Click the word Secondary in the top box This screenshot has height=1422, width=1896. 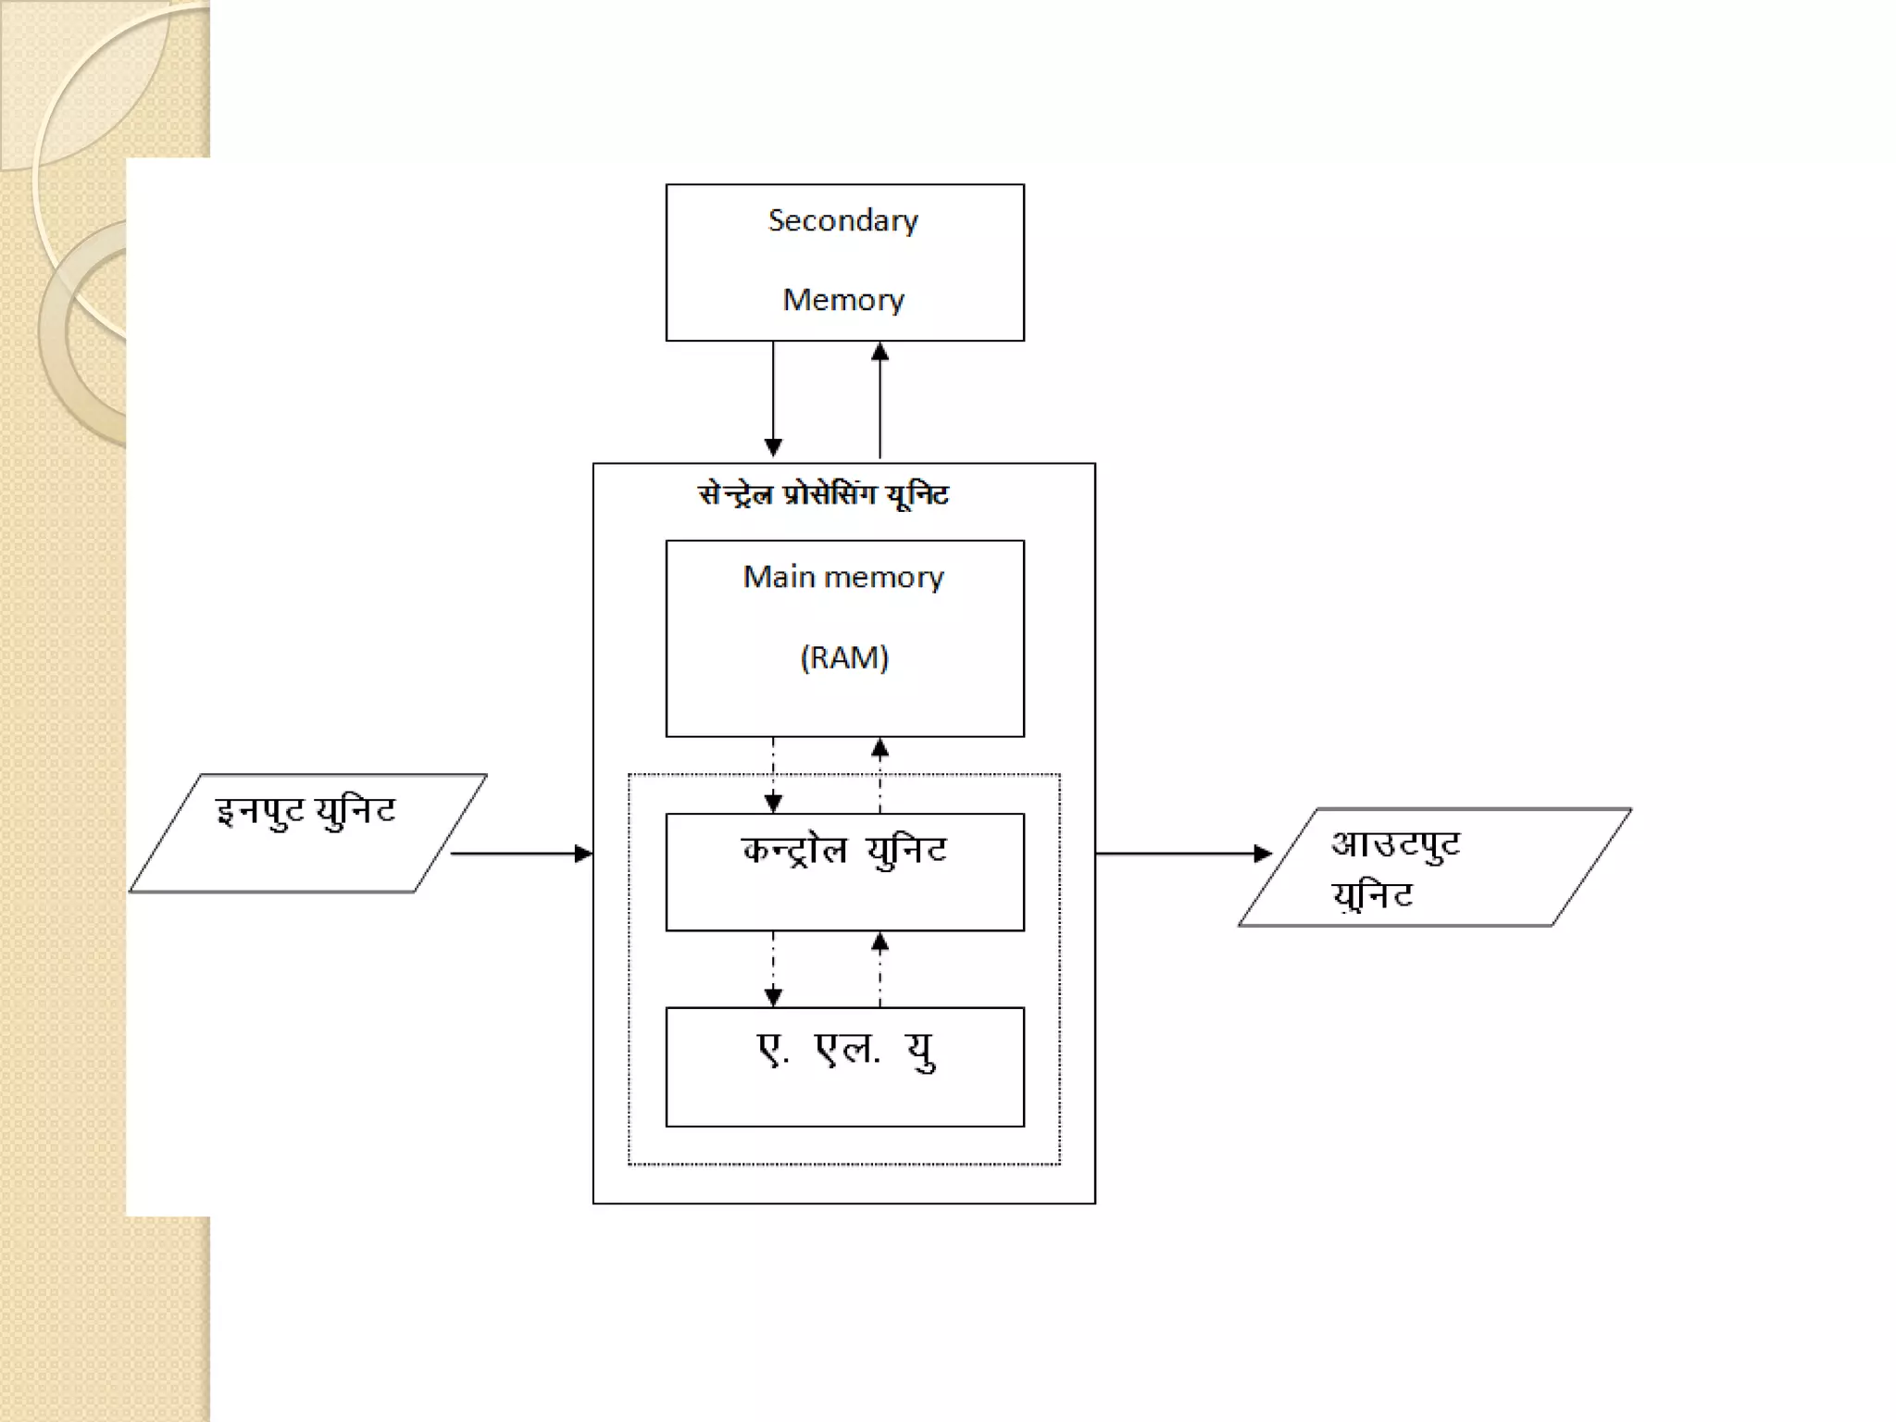842,220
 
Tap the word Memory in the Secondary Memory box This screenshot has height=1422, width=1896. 842,300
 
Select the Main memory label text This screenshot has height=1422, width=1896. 842,577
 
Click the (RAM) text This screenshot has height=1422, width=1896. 843,657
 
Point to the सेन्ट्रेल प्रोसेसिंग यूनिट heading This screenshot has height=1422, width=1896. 823,494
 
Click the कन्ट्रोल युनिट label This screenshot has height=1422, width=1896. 843,851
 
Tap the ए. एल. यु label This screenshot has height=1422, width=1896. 845,1051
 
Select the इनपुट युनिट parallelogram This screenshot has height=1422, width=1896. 307,832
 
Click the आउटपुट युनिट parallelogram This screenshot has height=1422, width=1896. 1434,867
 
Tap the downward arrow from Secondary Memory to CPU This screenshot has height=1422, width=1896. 773,399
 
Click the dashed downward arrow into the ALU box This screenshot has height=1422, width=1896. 773,968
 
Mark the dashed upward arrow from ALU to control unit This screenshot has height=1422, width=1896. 879,968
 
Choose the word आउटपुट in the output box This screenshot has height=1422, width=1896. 1395,844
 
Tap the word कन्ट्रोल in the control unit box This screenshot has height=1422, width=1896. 794,851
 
